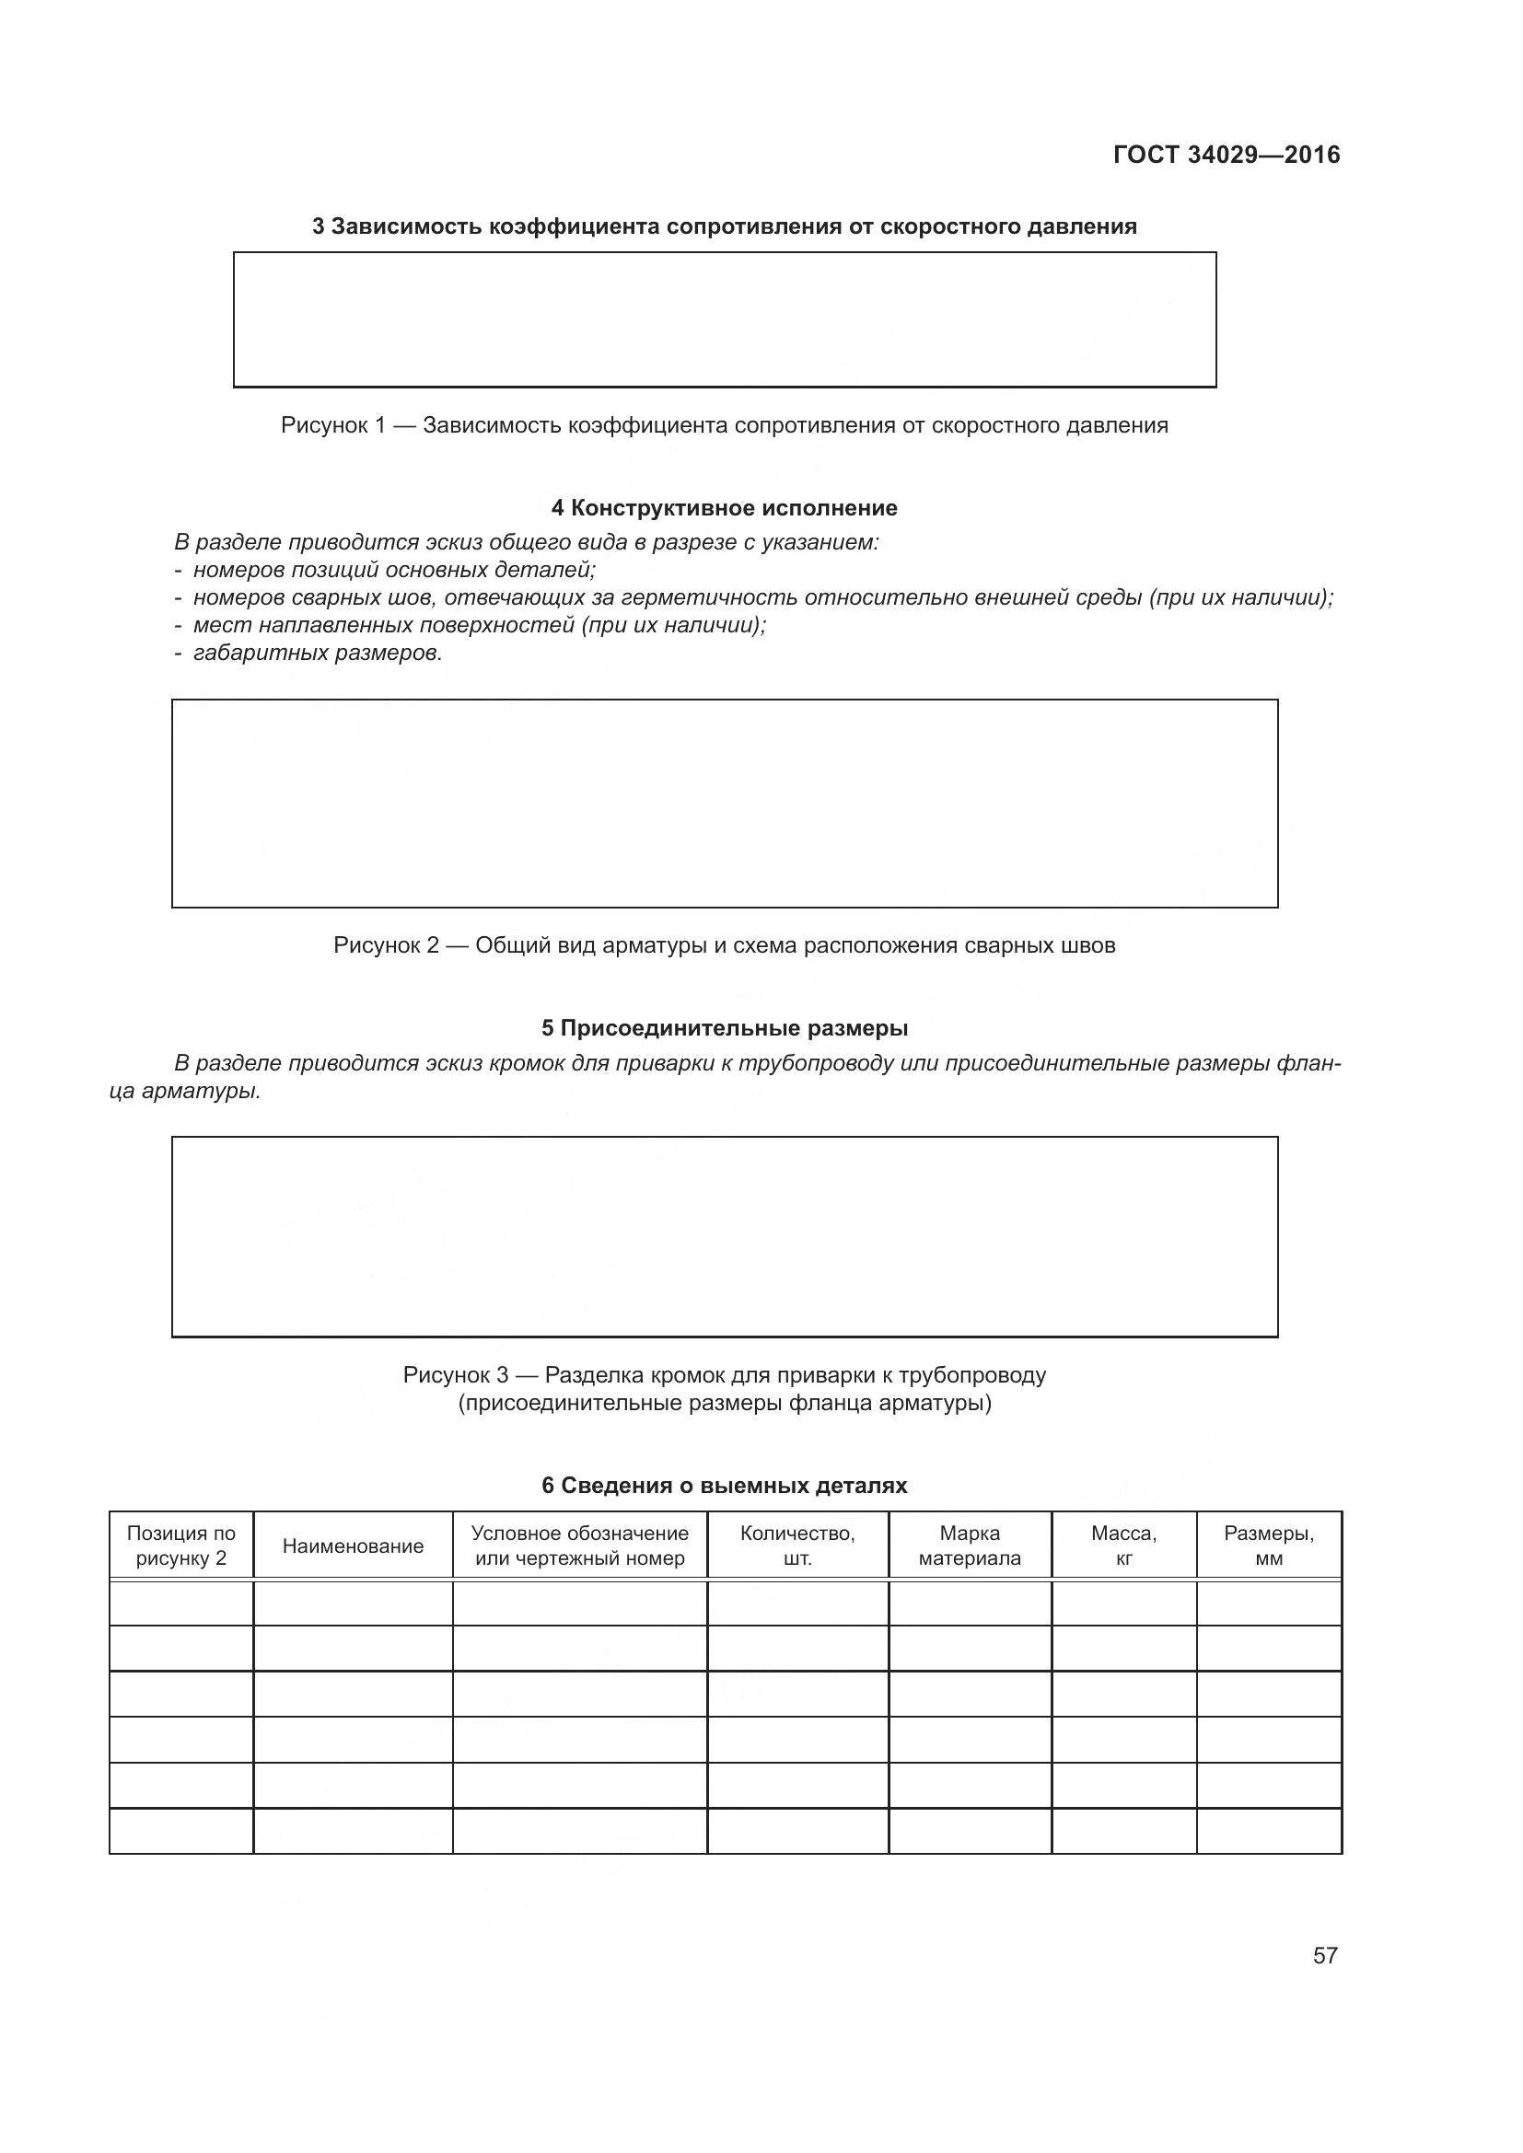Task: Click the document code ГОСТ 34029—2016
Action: [x=1226, y=155]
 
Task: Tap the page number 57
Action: [x=1324, y=1955]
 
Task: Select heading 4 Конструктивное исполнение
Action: [x=724, y=508]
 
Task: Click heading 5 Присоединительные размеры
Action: [x=724, y=1028]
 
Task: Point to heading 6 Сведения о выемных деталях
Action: [x=724, y=1486]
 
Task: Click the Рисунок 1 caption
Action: [x=724, y=426]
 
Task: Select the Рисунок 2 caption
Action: [x=724, y=945]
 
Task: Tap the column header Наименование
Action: [x=353, y=1546]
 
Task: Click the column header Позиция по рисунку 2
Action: [x=181, y=1546]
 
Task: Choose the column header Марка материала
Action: [x=970, y=1546]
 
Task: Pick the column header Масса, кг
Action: [x=1123, y=1546]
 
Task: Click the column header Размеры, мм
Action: [x=1268, y=1546]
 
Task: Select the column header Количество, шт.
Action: [x=797, y=1546]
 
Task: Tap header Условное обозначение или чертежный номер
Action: [x=579, y=1546]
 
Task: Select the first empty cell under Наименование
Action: [x=353, y=1603]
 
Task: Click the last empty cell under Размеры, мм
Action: [x=1268, y=1831]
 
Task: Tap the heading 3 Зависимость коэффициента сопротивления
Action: [x=724, y=227]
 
